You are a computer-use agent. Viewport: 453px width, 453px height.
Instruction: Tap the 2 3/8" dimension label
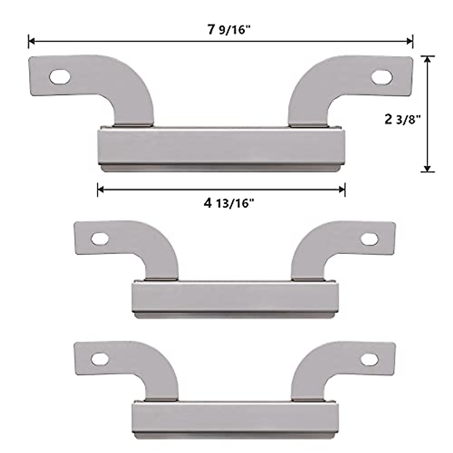coord(402,119)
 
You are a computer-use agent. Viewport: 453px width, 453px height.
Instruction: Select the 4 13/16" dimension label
coord(229,203)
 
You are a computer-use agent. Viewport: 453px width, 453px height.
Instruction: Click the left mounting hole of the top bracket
coord(60,77)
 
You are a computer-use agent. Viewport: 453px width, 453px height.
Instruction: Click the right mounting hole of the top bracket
coord(382,77)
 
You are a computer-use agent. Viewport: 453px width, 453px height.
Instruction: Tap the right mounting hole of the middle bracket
coord(370,239)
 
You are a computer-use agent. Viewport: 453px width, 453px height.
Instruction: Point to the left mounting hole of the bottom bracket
coord(100,359)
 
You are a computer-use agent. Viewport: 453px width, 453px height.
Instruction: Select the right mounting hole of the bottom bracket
coord(370,360)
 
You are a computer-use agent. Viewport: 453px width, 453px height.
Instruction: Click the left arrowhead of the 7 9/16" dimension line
coord(31,42)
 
